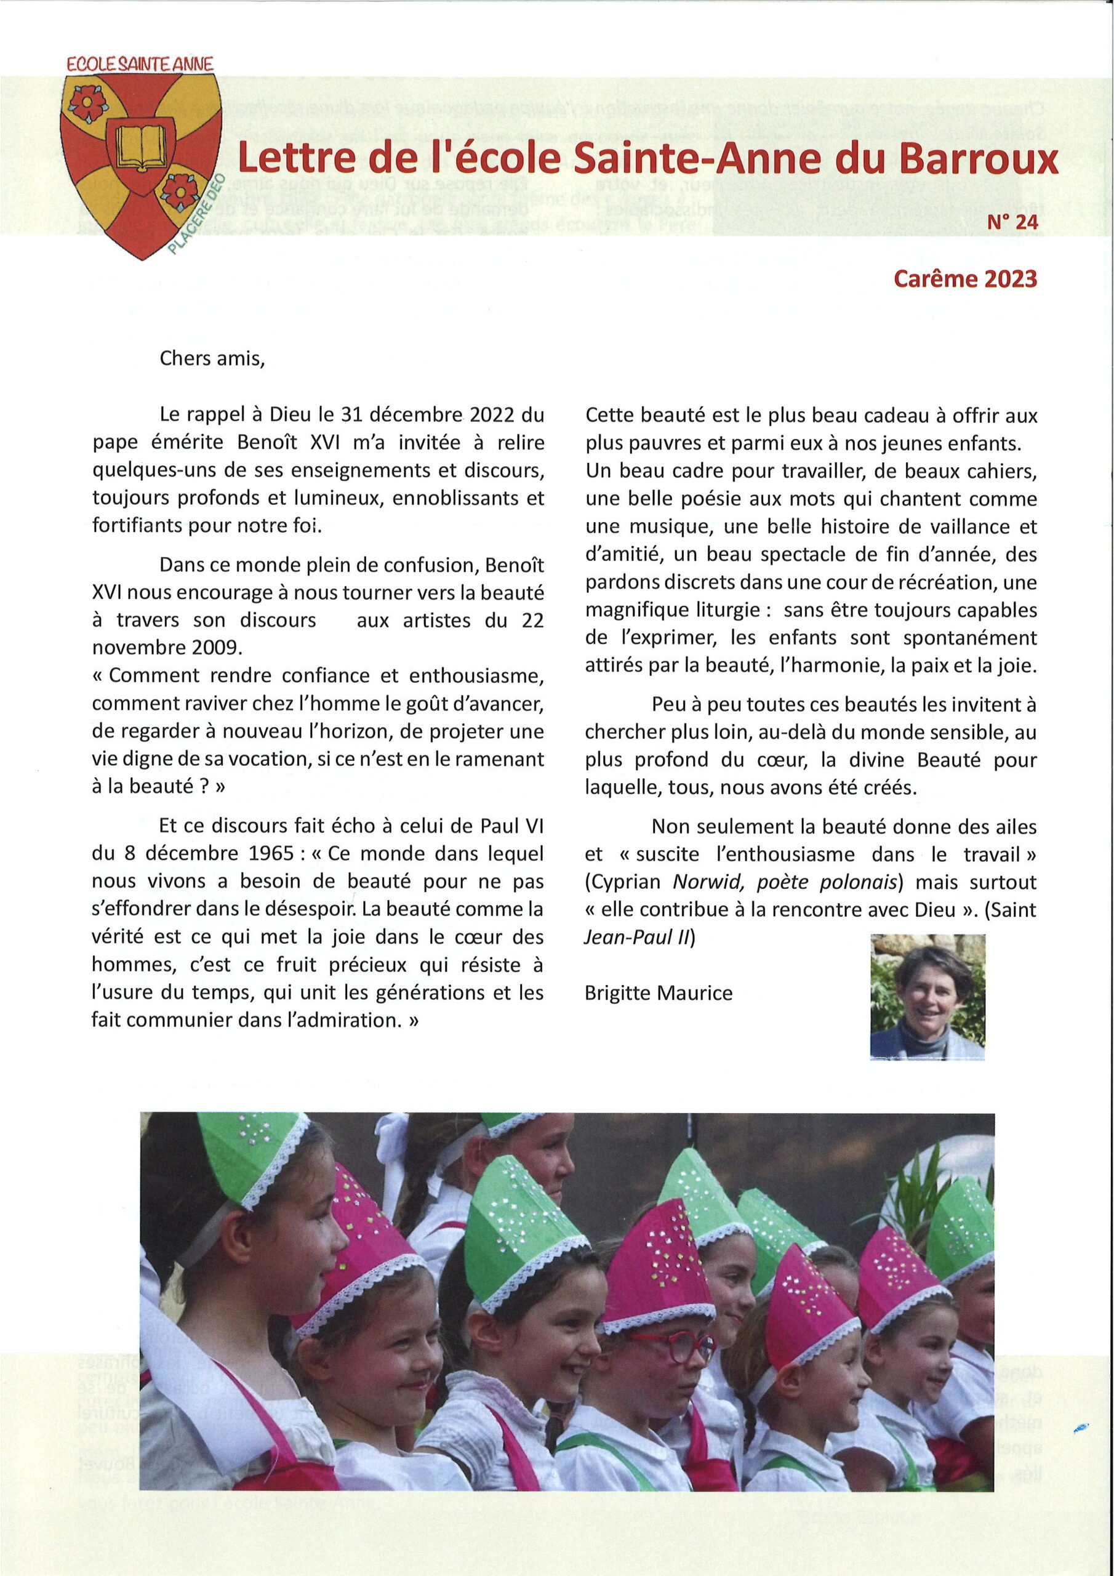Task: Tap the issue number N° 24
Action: coord(1012,222)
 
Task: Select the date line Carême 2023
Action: coord(965,278)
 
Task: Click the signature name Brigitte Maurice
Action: coord(658,992)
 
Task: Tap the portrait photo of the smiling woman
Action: coord(928,997)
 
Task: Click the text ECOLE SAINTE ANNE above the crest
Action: coord(140,64)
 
